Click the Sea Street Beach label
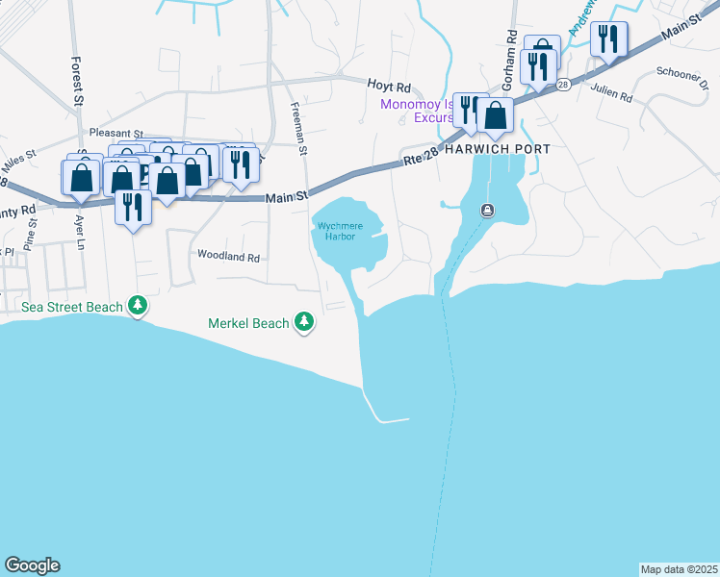click(72, 307)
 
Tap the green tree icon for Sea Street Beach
click(139, 307)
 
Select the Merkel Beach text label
click(248, 323)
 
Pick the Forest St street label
click(77, 80)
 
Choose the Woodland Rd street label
click(229, 257)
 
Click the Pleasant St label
click(115, 134)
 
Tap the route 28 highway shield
click(562, 86)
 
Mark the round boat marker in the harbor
click(489, 212)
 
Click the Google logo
click(32, 565)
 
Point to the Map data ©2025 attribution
click(679, 569)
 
